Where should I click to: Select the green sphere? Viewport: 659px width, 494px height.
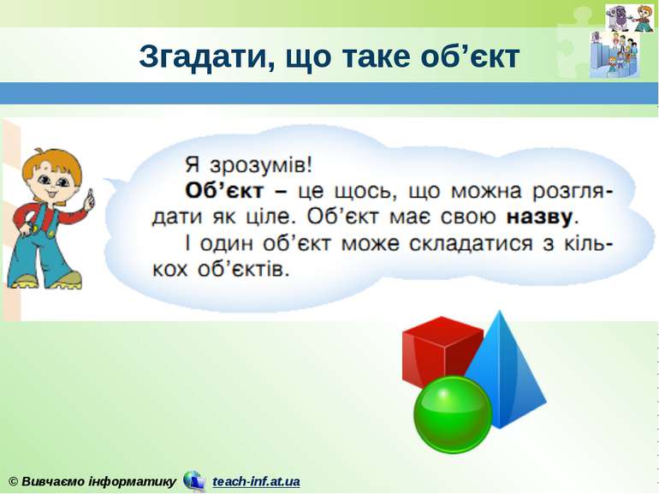pyautogui.click(x=453, y=414)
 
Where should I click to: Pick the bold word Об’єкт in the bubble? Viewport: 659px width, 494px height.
pyautogui.click(x=219, y=187)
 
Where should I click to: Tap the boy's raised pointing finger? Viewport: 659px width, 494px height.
pyautogui.click(x=88, y=197)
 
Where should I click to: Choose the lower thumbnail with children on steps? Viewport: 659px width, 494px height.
pyautogui.click(x=614, y=56)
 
